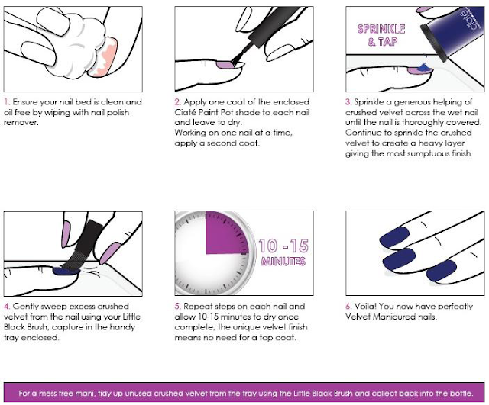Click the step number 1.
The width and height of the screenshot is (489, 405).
pos(7,102)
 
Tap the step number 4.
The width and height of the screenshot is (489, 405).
pos(7,307)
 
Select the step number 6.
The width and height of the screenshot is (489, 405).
pos(348,307)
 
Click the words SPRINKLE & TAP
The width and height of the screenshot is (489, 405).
pos(381,35)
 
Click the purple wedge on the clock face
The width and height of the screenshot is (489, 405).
pos(226,233)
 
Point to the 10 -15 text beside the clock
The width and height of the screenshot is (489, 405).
pos(283,246)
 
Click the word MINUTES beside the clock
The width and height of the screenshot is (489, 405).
pos(283,261)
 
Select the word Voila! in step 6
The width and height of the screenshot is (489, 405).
pos(365,307)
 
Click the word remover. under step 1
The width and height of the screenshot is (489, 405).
pos(21,123)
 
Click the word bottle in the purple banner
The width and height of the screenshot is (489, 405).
pos(461,393)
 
